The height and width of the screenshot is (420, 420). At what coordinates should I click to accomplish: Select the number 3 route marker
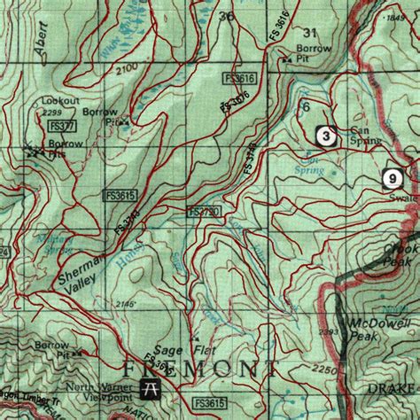point(327,136)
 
